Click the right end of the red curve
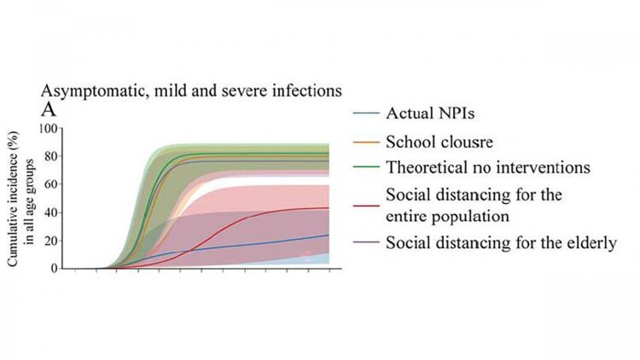tap(329, 208)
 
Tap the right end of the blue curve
tap(329, 235)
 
